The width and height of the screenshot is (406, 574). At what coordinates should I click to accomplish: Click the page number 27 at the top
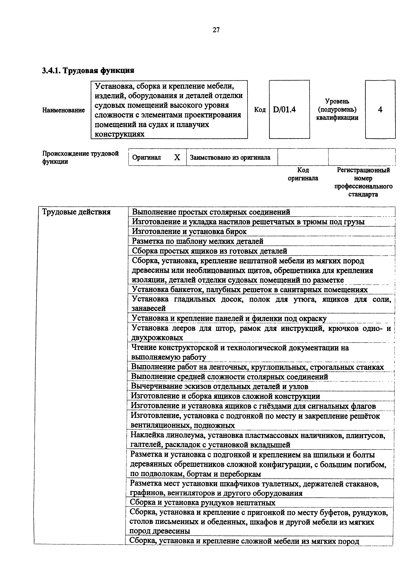tap(216, 30)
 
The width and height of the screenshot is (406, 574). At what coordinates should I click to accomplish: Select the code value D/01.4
tap(284, 109)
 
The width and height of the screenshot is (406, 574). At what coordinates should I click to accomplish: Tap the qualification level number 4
tap(380, 109)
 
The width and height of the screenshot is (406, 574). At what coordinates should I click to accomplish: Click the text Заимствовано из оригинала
tap(230, 158)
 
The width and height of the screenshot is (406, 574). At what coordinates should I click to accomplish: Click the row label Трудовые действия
tap(76, 212)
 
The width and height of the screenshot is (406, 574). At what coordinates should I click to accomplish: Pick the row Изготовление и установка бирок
tap(189, 232)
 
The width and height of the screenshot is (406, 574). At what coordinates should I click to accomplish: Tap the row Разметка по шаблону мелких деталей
tap(198, 241)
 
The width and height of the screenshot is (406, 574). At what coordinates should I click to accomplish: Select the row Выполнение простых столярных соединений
tap(211, 212)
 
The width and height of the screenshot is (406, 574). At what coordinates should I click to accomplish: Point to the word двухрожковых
tap(157, 338)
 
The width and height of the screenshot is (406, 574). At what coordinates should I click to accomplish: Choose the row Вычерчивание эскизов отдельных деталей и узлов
tap(219, 386)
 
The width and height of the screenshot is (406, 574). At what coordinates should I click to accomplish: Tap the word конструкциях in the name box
tap(120, 134)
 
